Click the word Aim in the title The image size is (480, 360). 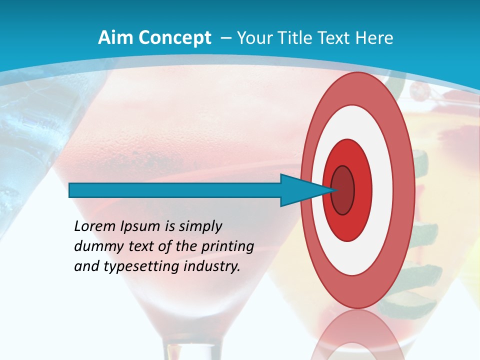pyautogui.click(x=112, y=38)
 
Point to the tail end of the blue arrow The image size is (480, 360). pyautogui.click(x=71, y=190)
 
